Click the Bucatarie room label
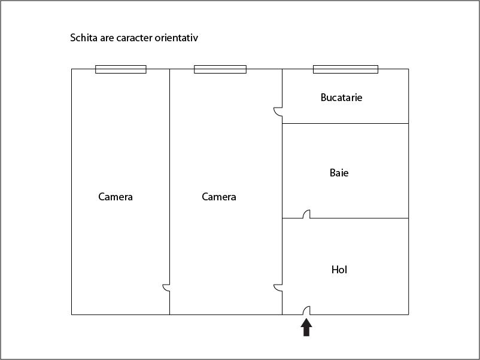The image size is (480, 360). click(x=341, y=97)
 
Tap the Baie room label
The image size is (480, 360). click(x=339, y=173)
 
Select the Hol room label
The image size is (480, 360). click(x=339, y=270)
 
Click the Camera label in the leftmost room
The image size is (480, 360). click(x=116, y=197)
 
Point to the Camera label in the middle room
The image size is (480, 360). click(x=219, y=197)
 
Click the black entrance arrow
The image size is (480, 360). click(x=306, y=328)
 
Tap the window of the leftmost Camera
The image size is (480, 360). click(x=121, y=69)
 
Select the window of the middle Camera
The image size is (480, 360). click(x=220, y=69)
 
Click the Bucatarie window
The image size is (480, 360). click(x=345, y=69)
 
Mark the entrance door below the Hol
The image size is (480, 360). click(x=306, y=310)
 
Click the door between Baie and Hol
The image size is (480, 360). click(x=306, y=214)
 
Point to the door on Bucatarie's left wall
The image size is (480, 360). click(x=278, y=112)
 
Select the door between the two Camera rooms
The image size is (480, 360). click(x=166, y=288)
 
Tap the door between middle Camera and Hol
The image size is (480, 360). click(x=278, y=288)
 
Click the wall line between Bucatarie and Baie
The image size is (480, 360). click(x=345, y=124)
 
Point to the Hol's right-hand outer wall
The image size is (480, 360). click(x=408, y=266)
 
